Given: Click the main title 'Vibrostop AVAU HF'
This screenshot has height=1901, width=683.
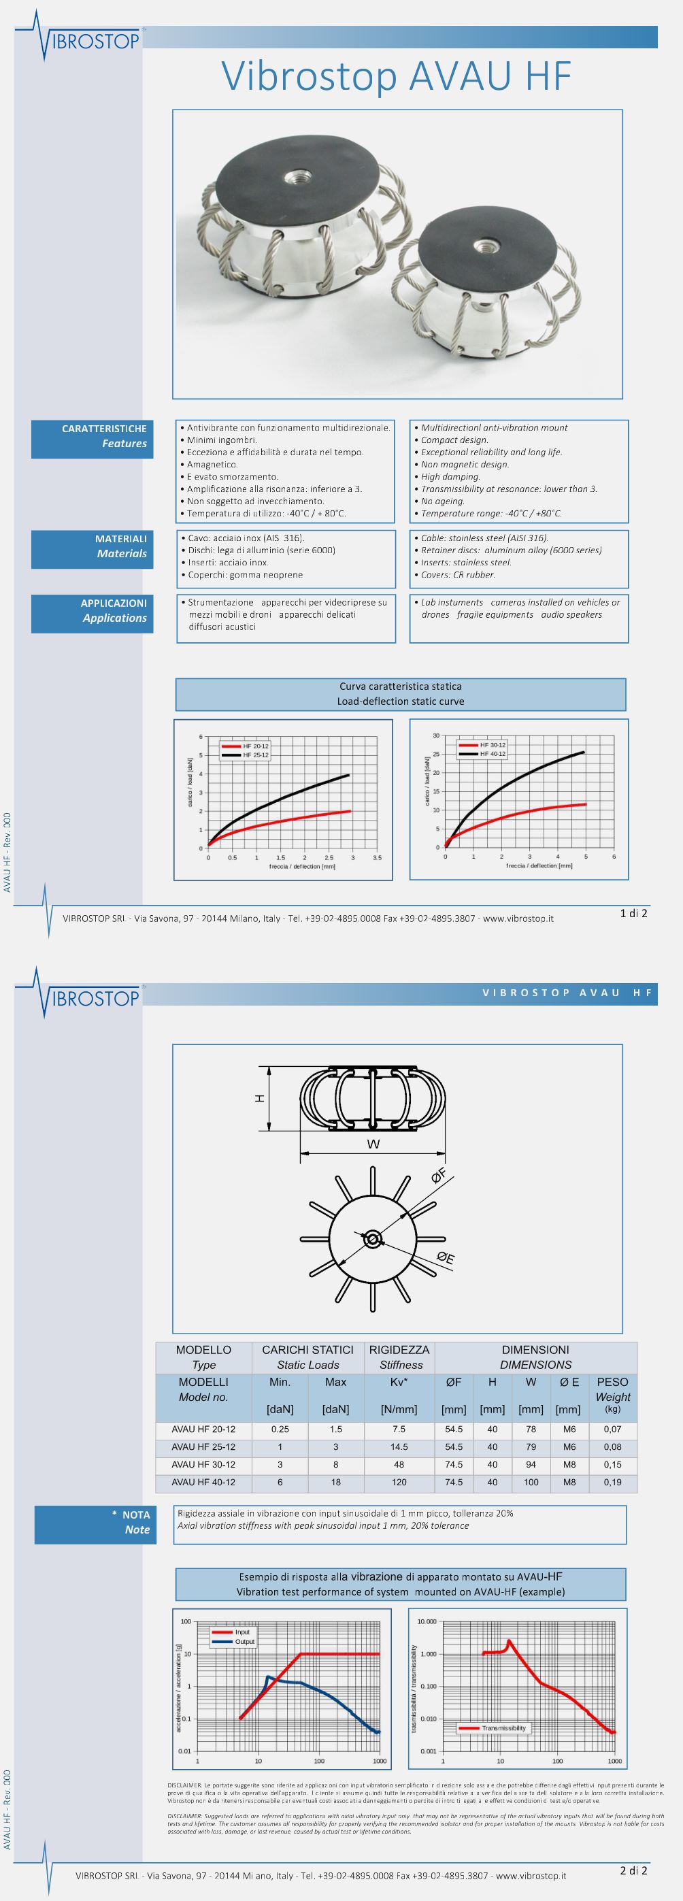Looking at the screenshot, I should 397,77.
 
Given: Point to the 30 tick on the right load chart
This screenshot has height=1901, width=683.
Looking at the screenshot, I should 436,735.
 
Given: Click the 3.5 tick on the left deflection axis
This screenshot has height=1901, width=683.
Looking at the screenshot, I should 377,857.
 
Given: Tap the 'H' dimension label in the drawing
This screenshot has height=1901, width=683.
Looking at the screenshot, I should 260,1098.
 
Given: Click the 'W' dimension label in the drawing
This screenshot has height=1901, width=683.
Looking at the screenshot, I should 373,1144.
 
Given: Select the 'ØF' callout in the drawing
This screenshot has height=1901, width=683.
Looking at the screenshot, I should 439,1175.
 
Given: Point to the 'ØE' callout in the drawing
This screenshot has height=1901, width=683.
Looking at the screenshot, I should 446,1257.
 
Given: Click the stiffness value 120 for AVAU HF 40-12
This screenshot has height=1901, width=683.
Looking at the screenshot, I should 399,1482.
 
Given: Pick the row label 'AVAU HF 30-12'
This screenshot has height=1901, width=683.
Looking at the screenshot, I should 203,1464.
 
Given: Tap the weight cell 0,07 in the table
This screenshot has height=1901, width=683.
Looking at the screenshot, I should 612,1429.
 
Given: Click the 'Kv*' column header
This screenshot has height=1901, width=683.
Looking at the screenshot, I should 399,1383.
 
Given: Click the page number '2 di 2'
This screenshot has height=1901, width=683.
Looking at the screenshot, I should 633,1870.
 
